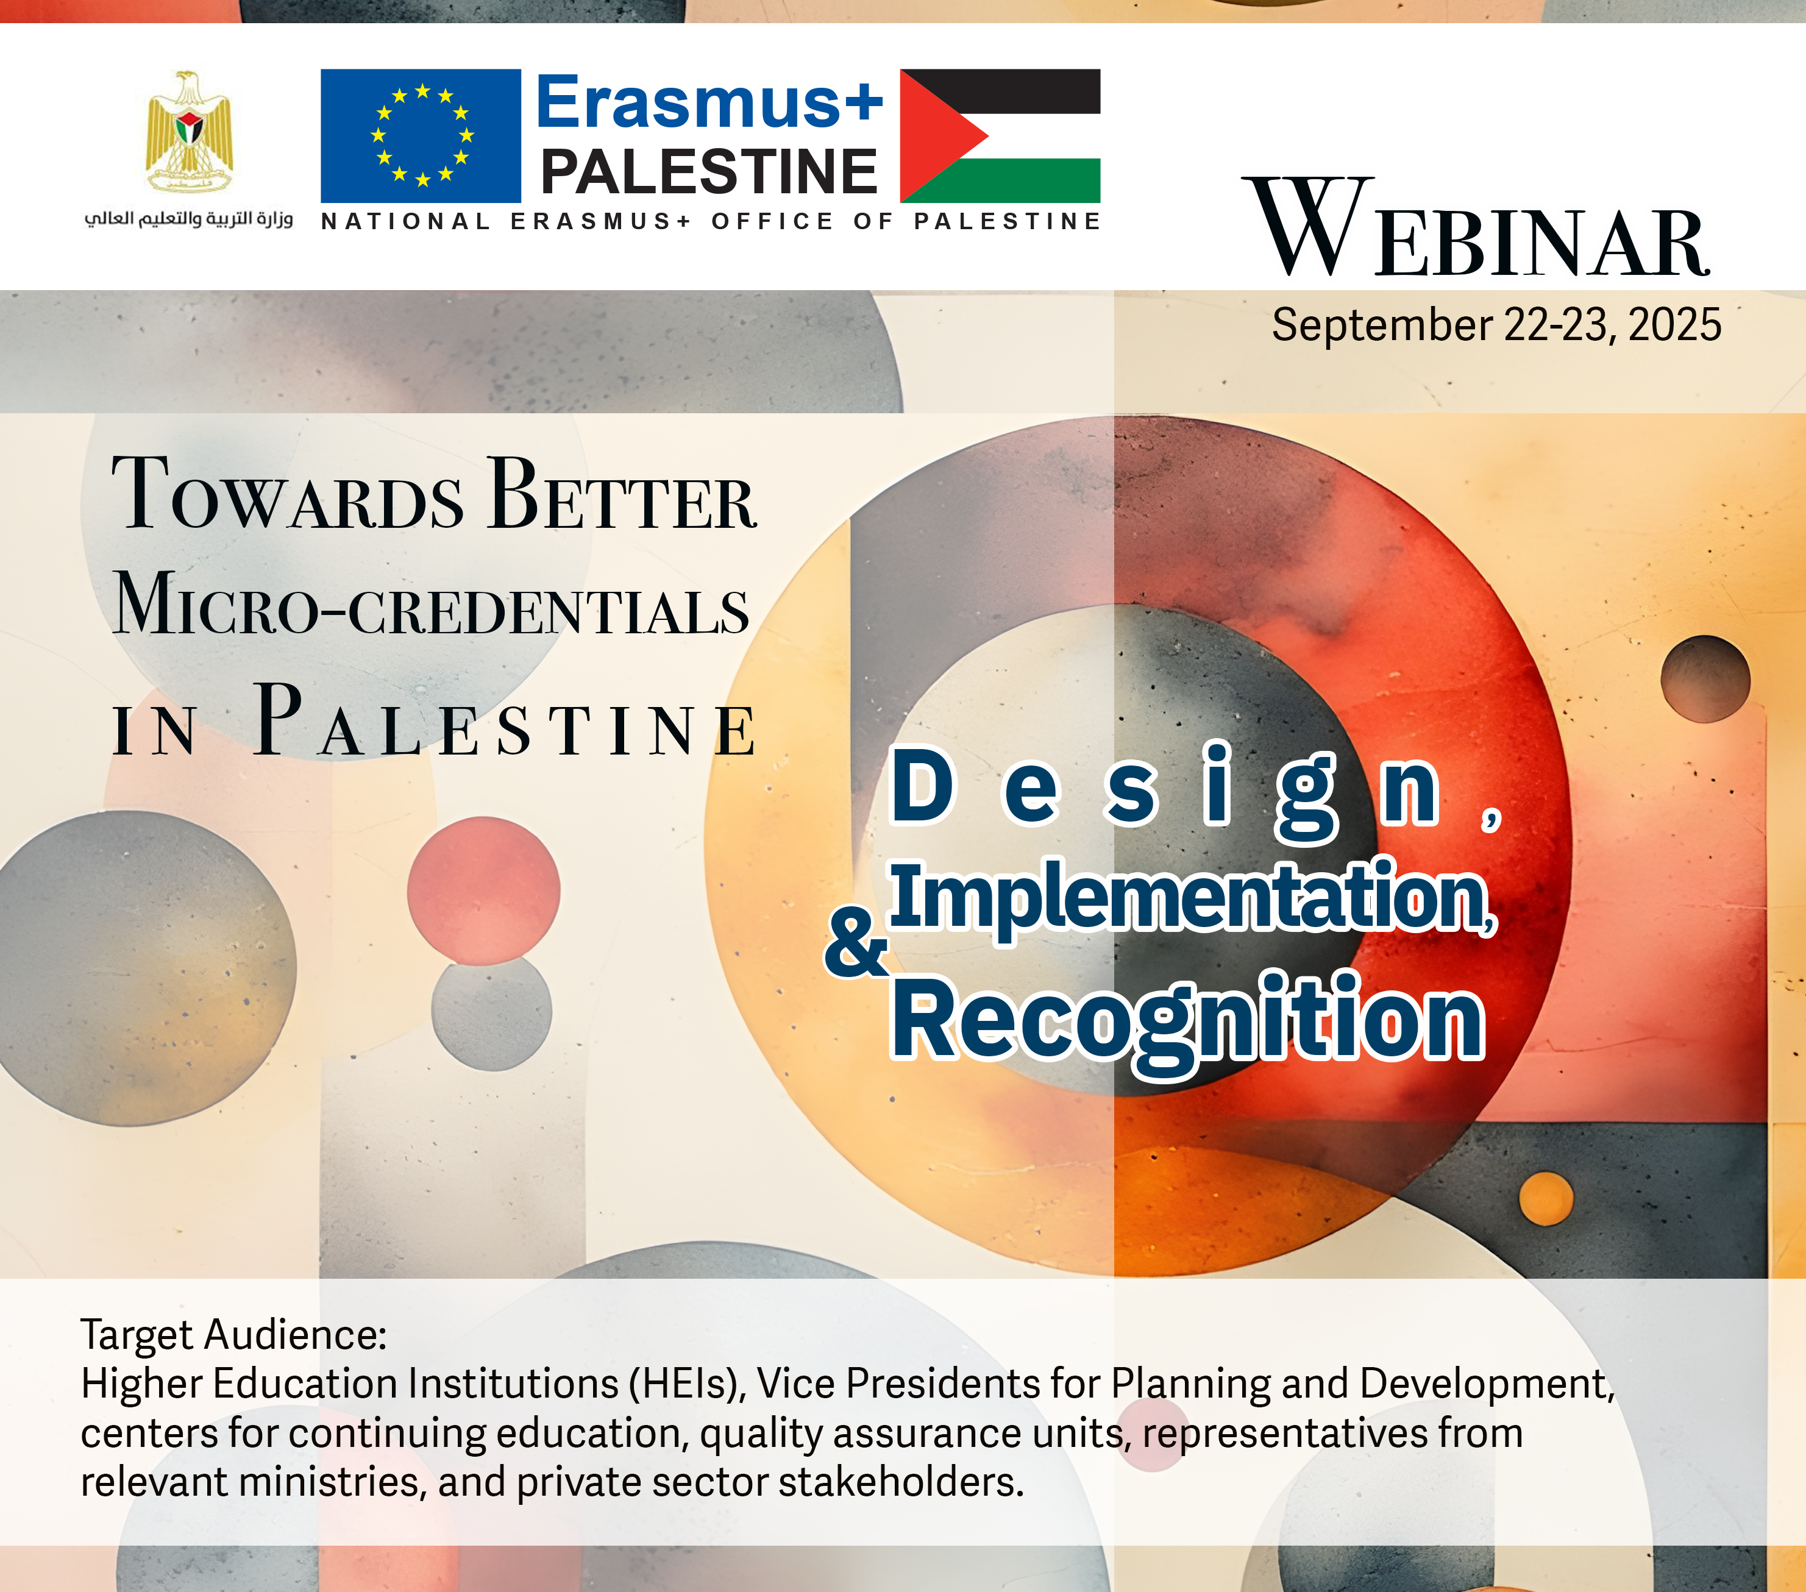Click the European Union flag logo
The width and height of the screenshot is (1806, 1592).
(421, 136)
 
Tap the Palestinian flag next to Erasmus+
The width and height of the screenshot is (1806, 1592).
(1000, 136)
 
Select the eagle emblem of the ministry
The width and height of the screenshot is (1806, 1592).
(189, 132)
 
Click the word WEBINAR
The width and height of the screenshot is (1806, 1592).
(1476, 228)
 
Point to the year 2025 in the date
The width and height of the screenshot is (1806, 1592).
(1674, 325)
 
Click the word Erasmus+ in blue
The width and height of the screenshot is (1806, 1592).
(709, 102)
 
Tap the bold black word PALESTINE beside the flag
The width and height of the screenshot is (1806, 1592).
(709, 171)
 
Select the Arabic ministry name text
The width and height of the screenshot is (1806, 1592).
(188, 219)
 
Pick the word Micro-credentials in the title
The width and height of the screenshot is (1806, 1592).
(431, 603)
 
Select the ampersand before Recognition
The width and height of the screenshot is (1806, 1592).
(855, 943)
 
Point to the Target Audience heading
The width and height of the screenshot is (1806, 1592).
(234, 1335)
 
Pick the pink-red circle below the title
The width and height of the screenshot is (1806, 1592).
(483, 890)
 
